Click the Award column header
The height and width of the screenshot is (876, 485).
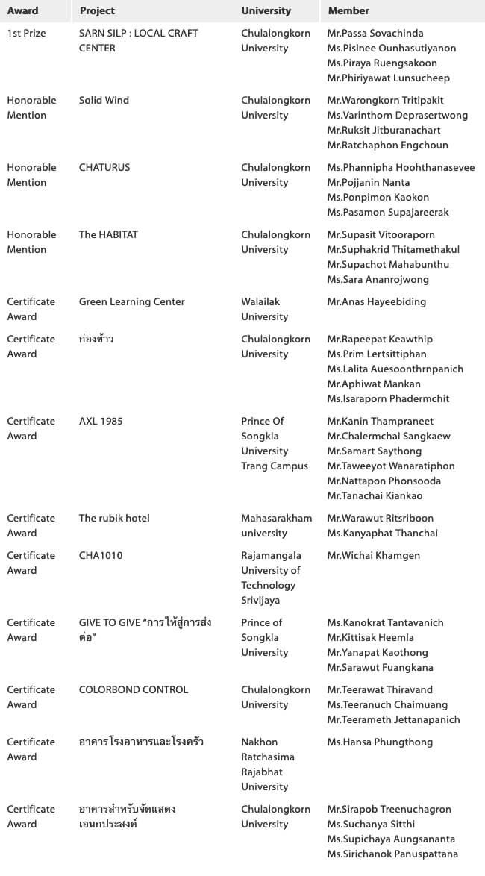click(x=22, y=11)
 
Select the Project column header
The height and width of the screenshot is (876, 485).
click(x=97, y=11)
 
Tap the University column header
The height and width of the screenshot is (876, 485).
click(x=266, y=11)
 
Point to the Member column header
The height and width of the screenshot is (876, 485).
click(x=348, y=11)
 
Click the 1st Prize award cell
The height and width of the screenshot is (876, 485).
click(x=26, y=34)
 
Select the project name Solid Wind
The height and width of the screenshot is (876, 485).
click(x=104, y=101)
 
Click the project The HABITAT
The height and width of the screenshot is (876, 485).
click(x=108, y=235)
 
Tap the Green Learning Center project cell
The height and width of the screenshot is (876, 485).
click(x=132, y=302)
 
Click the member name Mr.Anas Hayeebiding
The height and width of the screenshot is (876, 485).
click(x=377, y=302)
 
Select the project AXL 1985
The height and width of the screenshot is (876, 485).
click(x=101, y=422)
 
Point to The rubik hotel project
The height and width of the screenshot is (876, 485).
click(x=114, y=519)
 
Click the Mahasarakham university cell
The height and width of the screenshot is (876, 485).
click(x=276, y=526)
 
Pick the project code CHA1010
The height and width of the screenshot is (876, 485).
click(x=101, y=556)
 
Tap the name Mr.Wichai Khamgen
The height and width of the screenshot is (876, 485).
click(x=373, y=556)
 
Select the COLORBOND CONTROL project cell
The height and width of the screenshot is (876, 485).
click(x=134, y=690)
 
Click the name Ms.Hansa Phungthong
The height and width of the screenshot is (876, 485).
click(x=380, y=742)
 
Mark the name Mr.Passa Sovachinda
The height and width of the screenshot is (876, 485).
click(x=375, y=34)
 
